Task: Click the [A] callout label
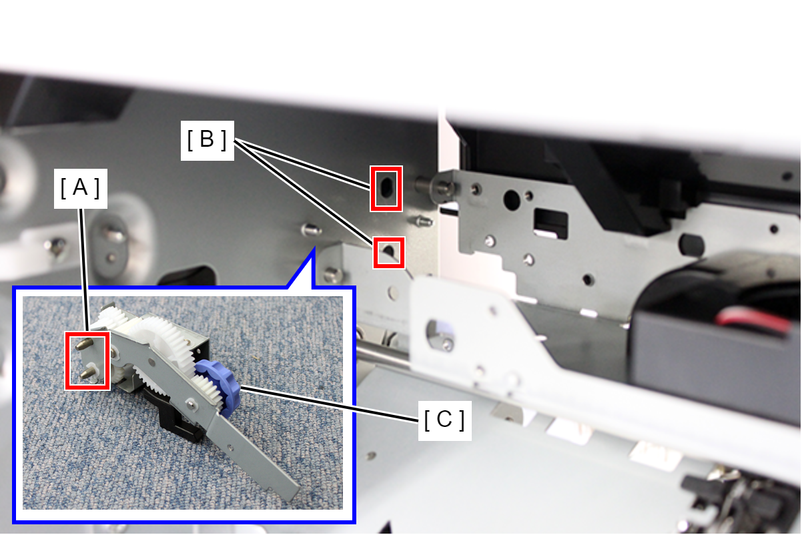[81, 188]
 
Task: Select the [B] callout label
[208, 140]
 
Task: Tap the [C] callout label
[445, 420]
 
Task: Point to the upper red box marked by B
[386, 188]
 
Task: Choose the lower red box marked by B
[389, 252]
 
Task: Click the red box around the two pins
[87, 360]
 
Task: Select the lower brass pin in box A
[86, 374]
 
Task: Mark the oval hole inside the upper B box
[386, 187]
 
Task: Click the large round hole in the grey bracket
[512, 200]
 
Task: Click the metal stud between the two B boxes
[423, 221]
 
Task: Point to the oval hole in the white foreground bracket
[440, 334]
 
